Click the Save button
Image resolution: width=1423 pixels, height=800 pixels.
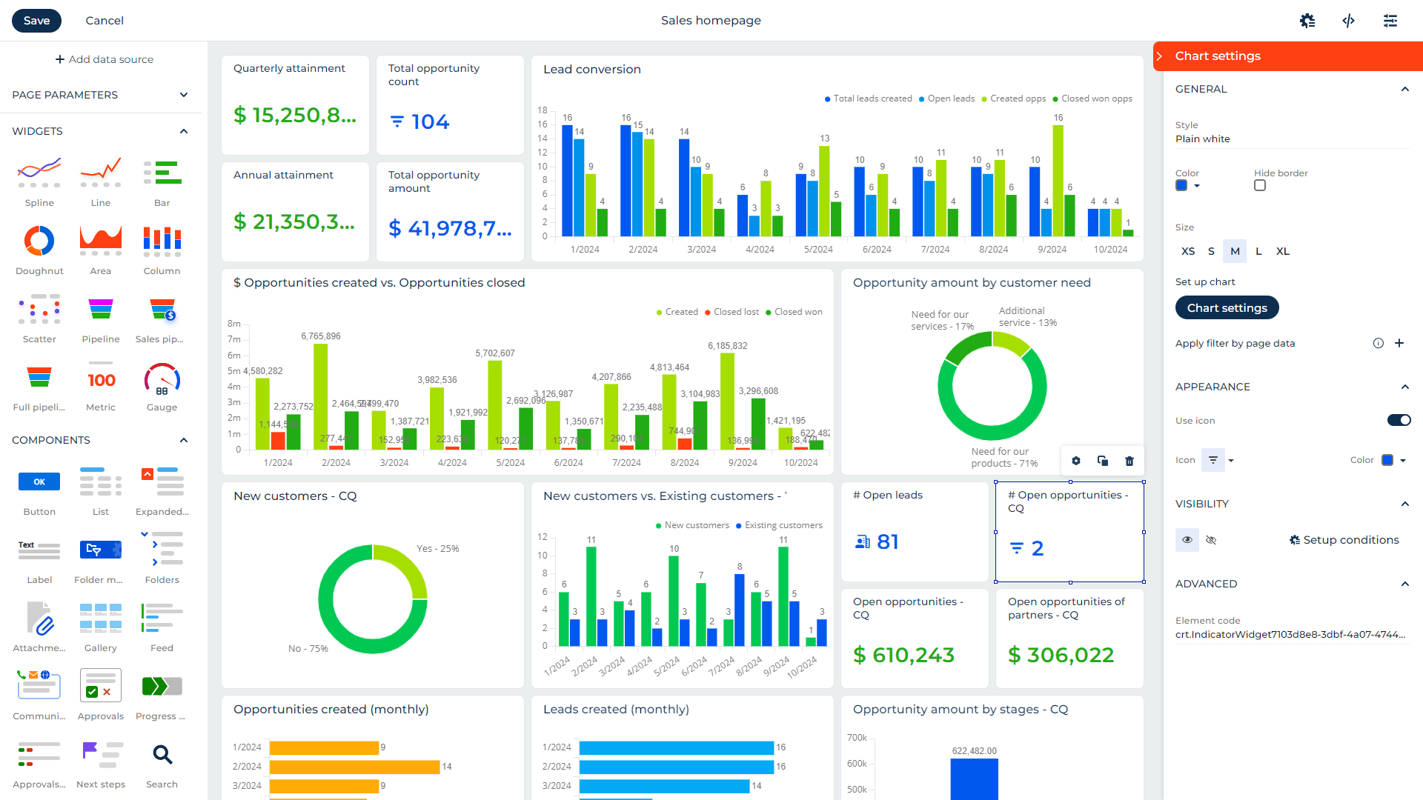coord(36,21)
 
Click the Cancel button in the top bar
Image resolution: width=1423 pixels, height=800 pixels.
coord(105,21)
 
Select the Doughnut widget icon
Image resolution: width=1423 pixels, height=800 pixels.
coord(39,241)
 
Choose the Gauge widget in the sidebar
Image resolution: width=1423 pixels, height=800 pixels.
coord(162,379)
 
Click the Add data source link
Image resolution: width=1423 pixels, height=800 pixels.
coord(105,59)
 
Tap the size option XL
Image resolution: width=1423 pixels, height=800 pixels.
coord(1283,251)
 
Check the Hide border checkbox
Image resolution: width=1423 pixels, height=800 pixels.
coord(1260,186)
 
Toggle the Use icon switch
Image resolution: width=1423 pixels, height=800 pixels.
coord(1399,420)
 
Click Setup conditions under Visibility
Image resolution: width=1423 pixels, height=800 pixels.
coord(1344,540)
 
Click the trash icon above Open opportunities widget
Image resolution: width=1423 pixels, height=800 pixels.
coord(1130,461)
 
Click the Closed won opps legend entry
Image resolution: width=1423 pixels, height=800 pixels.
coord(1095,99)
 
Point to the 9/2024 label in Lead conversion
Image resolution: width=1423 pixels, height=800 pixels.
coord(1052,250)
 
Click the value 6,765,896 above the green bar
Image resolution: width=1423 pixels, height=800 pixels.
coord(321,336)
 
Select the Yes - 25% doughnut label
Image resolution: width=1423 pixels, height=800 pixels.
coord(437,549)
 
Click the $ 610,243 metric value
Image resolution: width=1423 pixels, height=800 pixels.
coord(903,655)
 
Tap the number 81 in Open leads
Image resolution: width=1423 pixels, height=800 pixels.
coord(887,541)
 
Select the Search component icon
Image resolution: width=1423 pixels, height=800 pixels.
coord(162,755)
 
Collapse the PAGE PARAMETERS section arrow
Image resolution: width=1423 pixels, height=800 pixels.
coord(184,95)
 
